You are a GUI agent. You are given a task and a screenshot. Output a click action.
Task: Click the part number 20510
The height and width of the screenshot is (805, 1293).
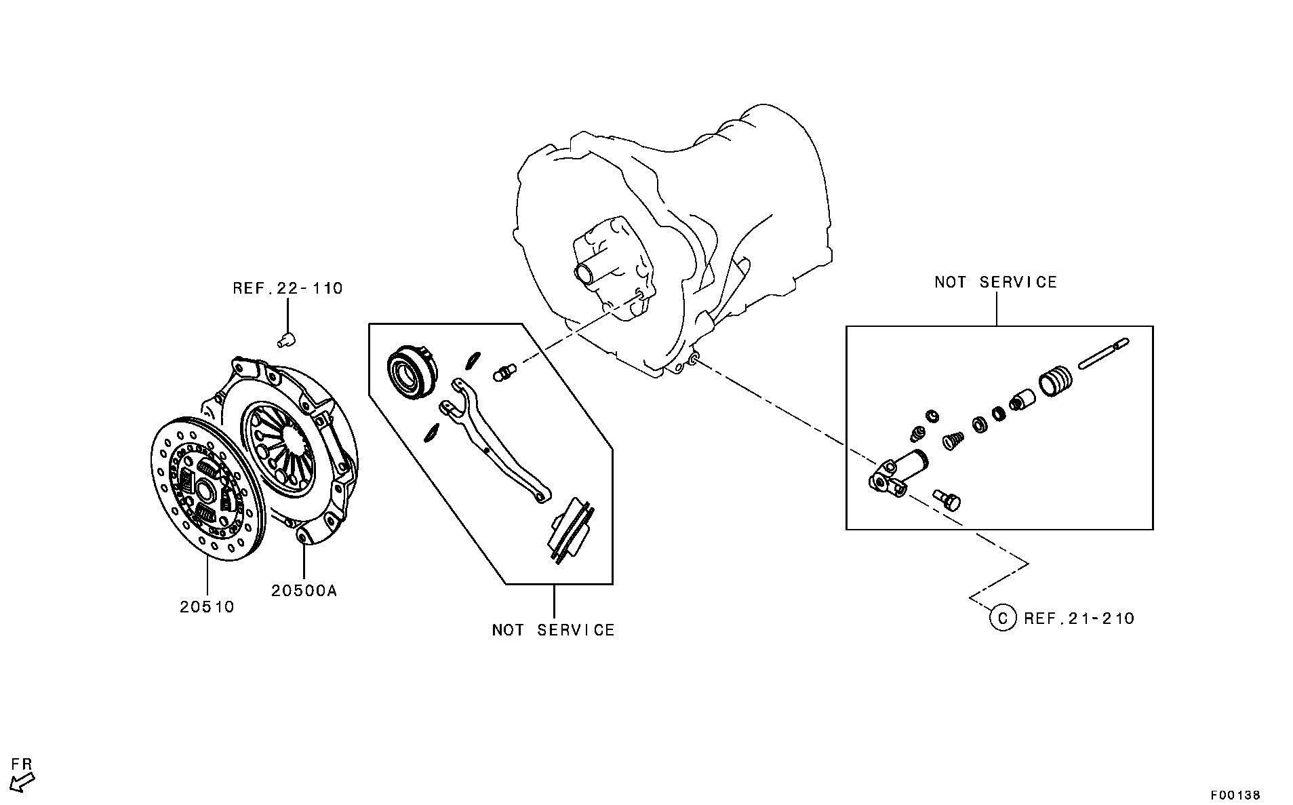[207, 606]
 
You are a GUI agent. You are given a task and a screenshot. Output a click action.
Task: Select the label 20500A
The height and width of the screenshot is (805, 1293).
[304, 591]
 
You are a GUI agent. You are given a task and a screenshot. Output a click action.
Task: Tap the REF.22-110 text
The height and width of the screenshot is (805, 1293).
[287, 288]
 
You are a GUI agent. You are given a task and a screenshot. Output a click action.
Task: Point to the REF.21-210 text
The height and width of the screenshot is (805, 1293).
[1079, 619]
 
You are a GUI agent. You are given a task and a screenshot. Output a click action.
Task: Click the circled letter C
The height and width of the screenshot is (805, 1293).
[1003, 618]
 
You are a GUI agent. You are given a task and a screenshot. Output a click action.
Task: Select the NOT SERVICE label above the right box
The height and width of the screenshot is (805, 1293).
[995, 282]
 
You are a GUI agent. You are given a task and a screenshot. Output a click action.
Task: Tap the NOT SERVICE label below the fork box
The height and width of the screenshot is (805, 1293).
[553, 630]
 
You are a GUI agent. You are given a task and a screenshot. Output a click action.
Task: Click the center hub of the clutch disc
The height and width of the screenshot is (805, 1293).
[203, 487]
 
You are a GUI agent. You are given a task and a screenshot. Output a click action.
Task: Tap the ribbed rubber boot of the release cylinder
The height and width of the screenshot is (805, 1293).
[1056, 382]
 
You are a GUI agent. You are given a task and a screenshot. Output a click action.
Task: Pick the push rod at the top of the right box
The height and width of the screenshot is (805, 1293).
[1102, 354]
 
